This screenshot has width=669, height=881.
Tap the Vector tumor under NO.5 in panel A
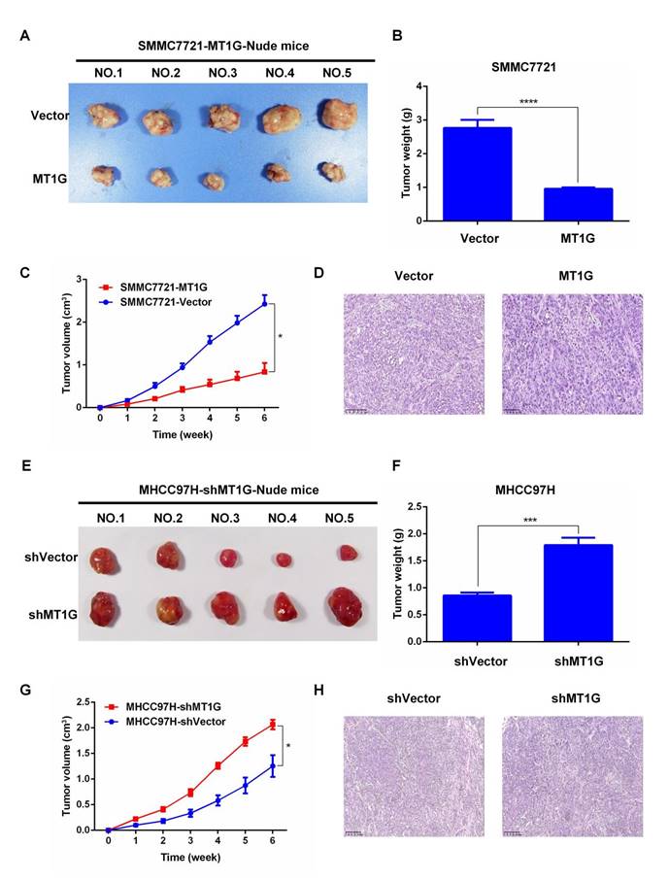click(x=333, y=113)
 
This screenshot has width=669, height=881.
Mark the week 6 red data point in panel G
click(x=273, y=724)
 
